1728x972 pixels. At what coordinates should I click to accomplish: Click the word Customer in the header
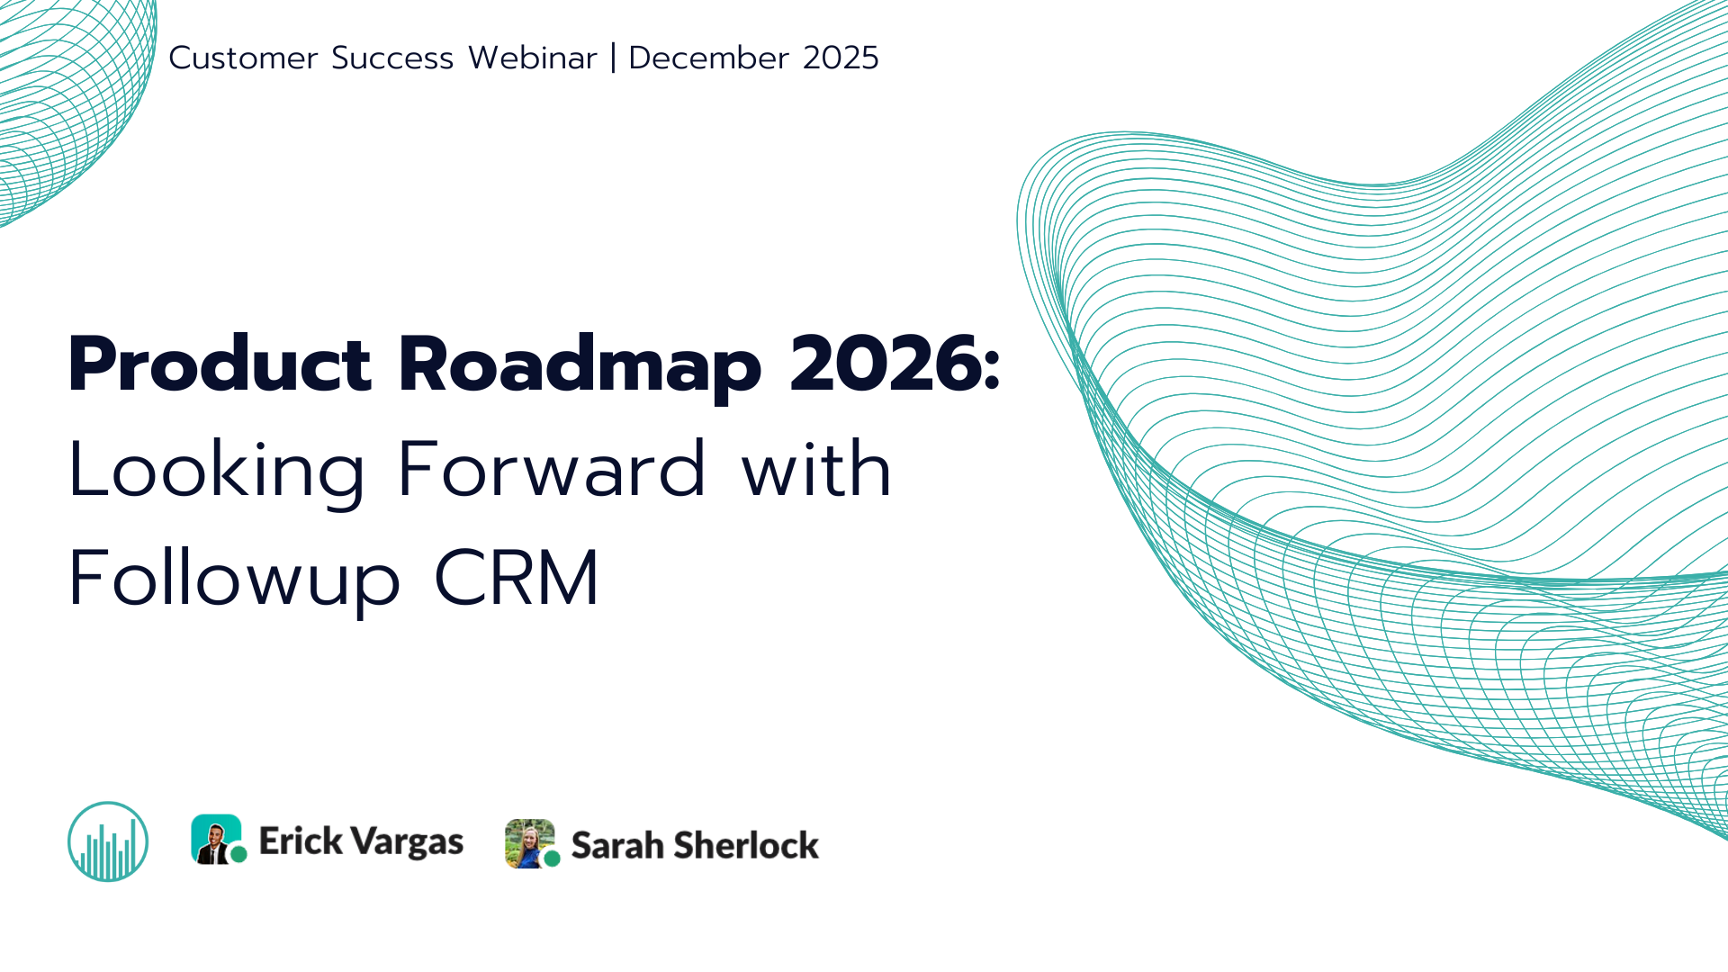pos(243,58)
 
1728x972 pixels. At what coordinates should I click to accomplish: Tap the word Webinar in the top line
pos(532,58)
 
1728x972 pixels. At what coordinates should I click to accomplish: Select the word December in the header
pos(708,58)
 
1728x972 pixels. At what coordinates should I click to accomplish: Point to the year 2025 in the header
pos(841,58)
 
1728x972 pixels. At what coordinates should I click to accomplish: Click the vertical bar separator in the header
pos(613,58)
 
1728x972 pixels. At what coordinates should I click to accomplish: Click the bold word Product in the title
pos(220,364)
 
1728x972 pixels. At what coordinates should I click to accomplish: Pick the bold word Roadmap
pos(580,364)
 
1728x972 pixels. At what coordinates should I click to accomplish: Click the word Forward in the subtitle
pos(552,470)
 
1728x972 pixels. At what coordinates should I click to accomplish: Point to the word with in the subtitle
pos(816,470)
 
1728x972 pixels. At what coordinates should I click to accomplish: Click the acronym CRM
pos(517,578)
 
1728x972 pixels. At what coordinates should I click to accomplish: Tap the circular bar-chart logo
pos(108,841)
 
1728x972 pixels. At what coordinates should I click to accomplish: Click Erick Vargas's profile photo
pos(215,840)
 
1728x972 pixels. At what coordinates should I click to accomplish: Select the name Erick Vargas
pos(361,841)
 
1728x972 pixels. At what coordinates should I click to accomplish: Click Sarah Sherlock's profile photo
pos(528,843)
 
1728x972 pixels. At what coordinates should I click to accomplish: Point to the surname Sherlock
pos(746,845)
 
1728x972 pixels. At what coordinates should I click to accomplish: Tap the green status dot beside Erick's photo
pos(238,854)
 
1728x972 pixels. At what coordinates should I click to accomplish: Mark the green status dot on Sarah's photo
pos(552,859)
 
